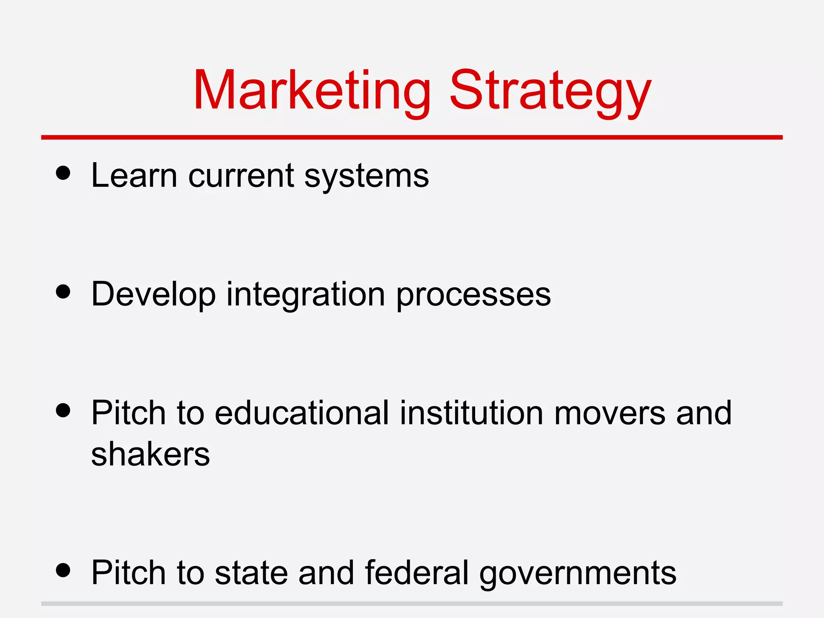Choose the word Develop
(x=153, y=295)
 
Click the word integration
(x=306, y=295)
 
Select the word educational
(x=302, y=413)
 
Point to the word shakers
(x=150, y=455)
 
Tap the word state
(x=251, y=572)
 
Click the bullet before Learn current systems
(x=63, y=173)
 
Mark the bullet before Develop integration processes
(x=63, y=292)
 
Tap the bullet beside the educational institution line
(x=63, y=410)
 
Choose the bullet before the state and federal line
(x=63, y=570)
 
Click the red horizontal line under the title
(x=412, y=138)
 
